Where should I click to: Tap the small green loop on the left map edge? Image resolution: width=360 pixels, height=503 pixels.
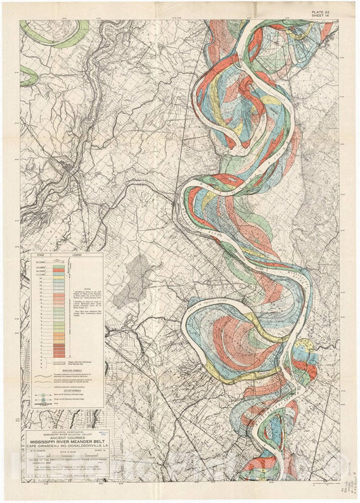coord(27,76)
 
